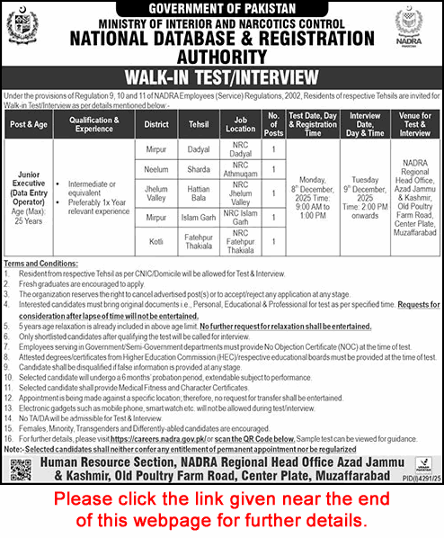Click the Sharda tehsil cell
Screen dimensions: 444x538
click(x=197, y=168)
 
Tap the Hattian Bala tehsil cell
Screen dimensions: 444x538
click(x=197, y=193)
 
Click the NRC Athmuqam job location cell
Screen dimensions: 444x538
click(x=242, y=168)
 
